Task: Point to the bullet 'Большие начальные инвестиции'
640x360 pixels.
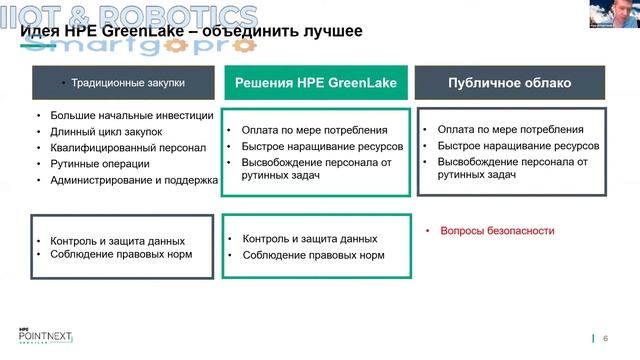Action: point(131,114)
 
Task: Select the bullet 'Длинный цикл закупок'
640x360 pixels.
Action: point(105,131)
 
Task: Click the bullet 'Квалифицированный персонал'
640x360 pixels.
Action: point(127,147)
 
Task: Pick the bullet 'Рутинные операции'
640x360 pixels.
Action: point(99,164)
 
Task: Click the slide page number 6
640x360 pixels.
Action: point(605,338)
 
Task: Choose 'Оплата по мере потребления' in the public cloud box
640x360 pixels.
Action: point(510,129)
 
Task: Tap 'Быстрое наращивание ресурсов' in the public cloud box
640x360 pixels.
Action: point(517,146)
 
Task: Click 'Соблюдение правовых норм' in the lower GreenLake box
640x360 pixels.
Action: point(313,256)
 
